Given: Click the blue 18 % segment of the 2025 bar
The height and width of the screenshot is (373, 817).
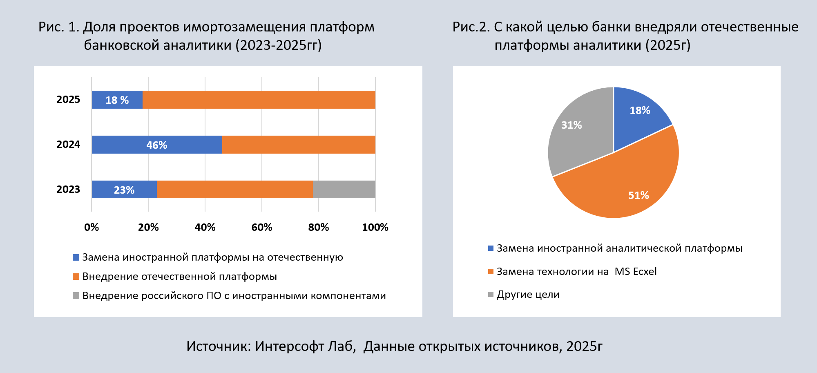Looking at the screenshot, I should click(117, 100).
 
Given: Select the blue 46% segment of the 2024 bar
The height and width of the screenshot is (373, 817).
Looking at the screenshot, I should click(157, 145).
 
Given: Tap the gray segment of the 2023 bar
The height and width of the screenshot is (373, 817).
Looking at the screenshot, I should click(344, 190).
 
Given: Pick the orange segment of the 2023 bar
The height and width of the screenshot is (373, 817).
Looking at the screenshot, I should click(234, 190).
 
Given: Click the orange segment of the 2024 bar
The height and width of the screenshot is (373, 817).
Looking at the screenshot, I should click(299, 145).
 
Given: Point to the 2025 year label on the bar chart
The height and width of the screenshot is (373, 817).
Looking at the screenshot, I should click(68, 100).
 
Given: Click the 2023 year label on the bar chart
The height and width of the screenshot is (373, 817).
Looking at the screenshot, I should click(68, 190).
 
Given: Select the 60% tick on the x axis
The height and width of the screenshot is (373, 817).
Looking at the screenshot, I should click(262, 228).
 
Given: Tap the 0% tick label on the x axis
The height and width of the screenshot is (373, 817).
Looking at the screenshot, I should click(92, 228).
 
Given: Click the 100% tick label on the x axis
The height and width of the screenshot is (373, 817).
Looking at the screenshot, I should click(375, 228).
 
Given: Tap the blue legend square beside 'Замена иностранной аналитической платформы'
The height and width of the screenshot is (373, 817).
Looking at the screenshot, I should click(491, 248).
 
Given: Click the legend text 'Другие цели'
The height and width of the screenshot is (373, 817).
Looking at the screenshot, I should click(528, 295).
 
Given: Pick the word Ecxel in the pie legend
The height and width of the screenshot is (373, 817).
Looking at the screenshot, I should click(645, 272).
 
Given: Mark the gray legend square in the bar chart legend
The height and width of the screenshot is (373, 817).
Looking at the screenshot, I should click(76, 296).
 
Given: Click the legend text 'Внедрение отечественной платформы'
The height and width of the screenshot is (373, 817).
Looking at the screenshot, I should click(180, 277).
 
